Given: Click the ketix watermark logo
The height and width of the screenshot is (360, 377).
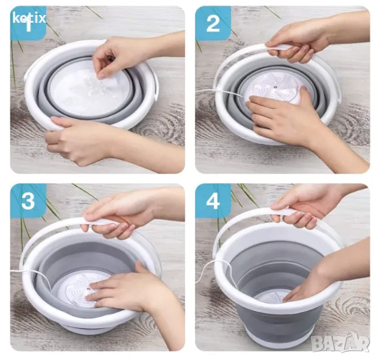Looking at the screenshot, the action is (29, 18).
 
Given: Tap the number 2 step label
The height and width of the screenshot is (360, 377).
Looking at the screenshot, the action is (213, 23).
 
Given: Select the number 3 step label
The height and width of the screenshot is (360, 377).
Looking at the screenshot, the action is (28, 200).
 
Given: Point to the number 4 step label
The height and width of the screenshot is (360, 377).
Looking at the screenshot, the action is (213, 200).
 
